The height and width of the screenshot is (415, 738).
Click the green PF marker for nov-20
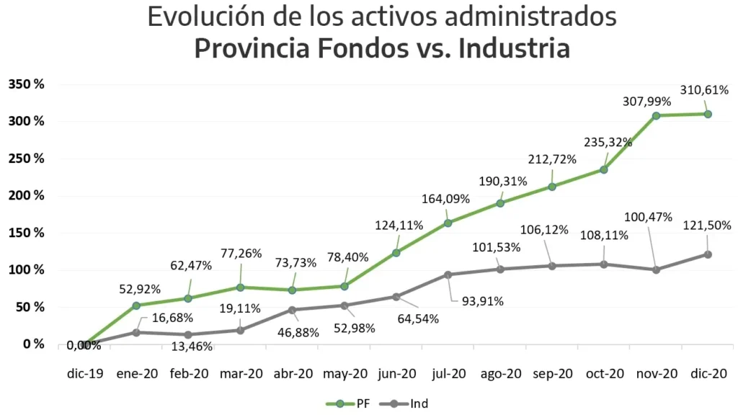click(656, 115)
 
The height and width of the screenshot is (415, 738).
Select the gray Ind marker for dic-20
click(708, 254)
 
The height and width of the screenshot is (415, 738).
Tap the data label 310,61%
click(704, 90)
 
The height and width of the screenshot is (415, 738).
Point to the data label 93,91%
click(482, 301)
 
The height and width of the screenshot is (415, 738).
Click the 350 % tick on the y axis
click(27, 84)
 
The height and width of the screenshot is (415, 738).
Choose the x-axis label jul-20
click(449, 374)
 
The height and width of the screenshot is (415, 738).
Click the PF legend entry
click(348, 403)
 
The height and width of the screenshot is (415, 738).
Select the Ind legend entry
click(404, 403)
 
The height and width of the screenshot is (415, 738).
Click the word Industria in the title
click(514, 48)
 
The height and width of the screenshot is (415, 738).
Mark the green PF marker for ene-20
click(136, 305)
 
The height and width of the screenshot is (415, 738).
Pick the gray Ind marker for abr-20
click(292, 310)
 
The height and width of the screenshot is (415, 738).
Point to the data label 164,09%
click(445, 199)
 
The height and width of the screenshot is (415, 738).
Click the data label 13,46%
click(192, 347)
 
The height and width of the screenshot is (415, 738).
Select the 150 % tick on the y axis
click(27, 233)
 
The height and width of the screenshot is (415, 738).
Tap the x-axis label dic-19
click(85, 374)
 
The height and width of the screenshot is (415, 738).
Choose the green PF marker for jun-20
click(396, 253)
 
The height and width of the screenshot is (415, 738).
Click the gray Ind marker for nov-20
click(656, 270)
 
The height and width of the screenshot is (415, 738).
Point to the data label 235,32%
click(608, 142)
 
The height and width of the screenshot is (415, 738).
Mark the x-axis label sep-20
click(553, 374)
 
